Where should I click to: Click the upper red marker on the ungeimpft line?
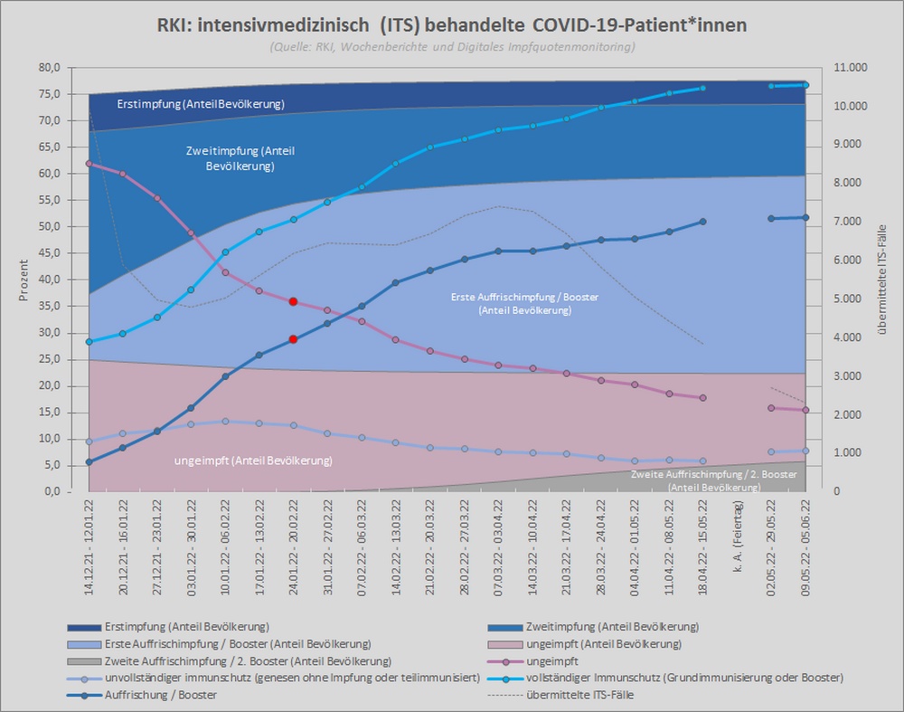tap(293, 301)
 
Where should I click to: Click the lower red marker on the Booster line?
tap(293, 339)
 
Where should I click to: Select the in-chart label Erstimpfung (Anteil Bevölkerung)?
tap(201, 105)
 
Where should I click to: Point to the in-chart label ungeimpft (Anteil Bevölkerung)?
tap(252, 460)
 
